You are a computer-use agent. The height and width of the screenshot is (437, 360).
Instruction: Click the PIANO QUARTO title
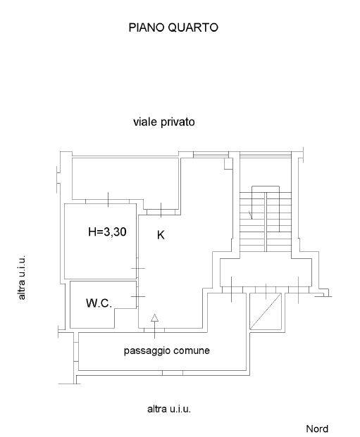pyautogui.click(x=173, y=27)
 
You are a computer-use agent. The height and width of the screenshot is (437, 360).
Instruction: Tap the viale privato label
pyautogui.click(x=164, y=122)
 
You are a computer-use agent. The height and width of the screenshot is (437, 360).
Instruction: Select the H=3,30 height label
pyautogui.click(x=107, y=232)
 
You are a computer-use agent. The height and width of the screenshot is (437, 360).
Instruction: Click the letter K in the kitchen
pyautogui.click(x=161, y=235)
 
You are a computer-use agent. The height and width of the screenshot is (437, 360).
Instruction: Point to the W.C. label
pyautogui.click(x=99, y=303)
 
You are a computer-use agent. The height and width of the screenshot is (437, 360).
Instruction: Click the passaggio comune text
pyautogui.click(x=166, y=350)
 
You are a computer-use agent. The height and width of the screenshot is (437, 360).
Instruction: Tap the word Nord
pyautogui.click(x=317, y=429)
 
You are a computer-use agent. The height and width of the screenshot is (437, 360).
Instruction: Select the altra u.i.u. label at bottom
pyautogui.click(x=169, y=409)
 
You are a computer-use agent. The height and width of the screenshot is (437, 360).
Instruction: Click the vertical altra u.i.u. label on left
pyautogui.click(x=22, y=277)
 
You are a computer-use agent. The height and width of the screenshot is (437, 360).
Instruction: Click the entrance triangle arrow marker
pyautogui.click(x=154, y=318)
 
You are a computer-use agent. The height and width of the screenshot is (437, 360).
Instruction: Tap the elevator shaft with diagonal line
pyautogui.click(x=266, y=311)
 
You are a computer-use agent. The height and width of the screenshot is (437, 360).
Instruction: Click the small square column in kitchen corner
pyautogui.click(x=228, y=164)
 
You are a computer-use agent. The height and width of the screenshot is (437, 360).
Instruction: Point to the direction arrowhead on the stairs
pyautogui.click(x=251, y=215)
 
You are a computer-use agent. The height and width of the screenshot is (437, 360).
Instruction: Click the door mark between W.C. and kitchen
pyautogui.click(x=138, y=296)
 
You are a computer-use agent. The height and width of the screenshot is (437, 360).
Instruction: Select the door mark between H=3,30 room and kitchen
pyautogui.click(x=138, y=268)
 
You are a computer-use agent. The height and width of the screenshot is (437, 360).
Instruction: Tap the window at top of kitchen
pyautogui.click(x=211, y=154)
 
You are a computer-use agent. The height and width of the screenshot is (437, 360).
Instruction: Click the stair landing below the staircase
pyautogui.click(x=266, y=272)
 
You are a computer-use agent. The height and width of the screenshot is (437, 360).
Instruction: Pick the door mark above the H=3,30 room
pyautogui.click(x=108, y=200)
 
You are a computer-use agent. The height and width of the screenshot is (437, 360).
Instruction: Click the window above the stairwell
pyautogui.click(x=266, y=154)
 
